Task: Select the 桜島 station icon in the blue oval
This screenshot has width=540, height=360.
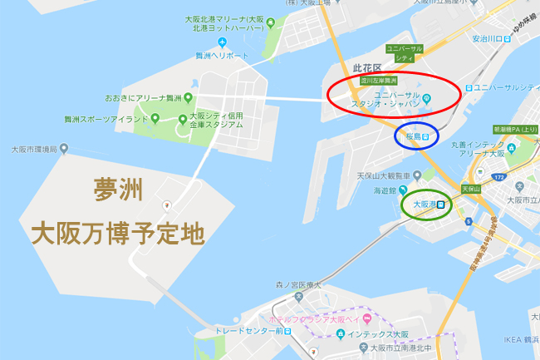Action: click(425, 136)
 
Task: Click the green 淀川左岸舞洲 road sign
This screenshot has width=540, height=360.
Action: click(375, 81)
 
